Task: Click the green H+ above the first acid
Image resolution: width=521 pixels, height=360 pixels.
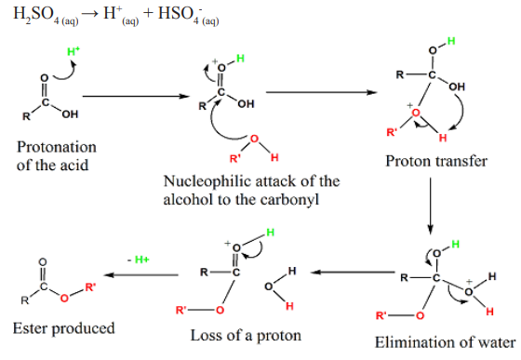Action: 73,51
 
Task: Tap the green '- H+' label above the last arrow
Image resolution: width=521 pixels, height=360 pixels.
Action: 139,260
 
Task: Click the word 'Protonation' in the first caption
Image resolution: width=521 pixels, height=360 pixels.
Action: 57,147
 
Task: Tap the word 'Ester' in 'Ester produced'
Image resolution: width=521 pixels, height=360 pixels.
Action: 30,328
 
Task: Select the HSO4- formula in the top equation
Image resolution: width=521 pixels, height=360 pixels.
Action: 188,15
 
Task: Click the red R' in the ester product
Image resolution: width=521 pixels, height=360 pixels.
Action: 90,287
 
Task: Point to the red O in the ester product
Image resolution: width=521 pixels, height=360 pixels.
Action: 64,299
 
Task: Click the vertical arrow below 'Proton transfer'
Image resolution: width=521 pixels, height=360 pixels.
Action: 430,206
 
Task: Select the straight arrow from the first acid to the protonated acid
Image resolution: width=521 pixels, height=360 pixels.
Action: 136,97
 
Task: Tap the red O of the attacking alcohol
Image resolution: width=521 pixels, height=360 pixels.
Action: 254,139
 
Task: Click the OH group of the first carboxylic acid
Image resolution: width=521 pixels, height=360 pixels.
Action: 70,114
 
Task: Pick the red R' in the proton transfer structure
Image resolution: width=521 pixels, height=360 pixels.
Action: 392,132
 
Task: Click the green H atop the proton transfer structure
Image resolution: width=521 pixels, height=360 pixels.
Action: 451,41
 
